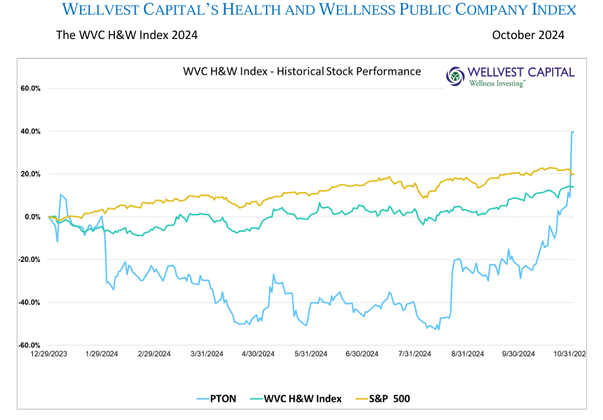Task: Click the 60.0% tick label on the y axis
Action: [31, 89]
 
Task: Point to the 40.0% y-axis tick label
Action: [31, 132]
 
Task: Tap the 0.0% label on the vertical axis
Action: [33, 217]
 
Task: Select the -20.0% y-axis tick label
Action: [30, 260]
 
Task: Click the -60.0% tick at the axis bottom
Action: [30, 345]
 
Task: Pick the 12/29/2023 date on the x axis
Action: [49, 354]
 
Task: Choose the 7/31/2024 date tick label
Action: [414, 354]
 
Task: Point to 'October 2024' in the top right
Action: [528, 35]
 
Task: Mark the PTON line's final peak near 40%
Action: [572, 132]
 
